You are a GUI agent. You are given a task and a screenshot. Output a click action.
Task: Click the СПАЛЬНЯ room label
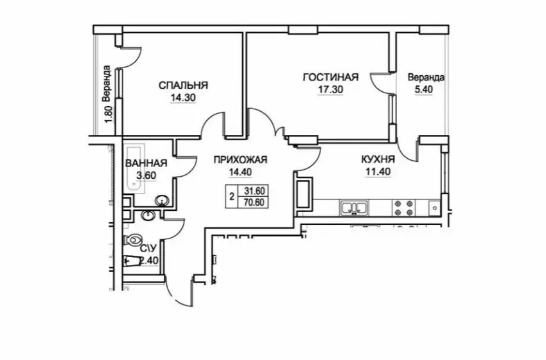pos(183,85)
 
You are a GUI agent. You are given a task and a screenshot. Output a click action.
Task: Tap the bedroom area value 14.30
pos(183,98)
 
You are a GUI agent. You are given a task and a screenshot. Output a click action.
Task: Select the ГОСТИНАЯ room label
pos(330,77)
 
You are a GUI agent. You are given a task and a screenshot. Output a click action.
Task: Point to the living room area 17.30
pos(330,89)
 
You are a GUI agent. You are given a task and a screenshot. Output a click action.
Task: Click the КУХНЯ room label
pos(378,159)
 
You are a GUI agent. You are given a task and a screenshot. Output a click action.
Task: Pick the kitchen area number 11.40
pos(378,172)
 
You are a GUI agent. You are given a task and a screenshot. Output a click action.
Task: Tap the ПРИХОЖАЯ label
pos(240,159)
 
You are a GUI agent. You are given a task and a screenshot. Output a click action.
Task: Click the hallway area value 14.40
pos(240,172)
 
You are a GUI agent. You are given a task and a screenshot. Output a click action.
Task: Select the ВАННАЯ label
pos(146,163)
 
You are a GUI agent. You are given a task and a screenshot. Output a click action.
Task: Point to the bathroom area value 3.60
pos(146,175)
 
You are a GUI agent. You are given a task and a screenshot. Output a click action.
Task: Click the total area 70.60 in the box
pos(254,202)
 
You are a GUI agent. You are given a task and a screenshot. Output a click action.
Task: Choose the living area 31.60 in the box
pos(254,191)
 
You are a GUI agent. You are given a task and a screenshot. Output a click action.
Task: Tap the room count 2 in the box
pos(231,197)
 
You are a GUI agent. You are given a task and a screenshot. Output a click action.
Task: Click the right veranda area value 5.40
pos(423,89)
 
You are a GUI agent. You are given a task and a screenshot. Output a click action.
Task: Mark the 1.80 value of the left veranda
pos(109,114)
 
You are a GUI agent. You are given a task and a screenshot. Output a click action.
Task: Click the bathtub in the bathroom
pos(136,168)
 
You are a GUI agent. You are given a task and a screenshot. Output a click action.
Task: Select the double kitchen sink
pos(353,208)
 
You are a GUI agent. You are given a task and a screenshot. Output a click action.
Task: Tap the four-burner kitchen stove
pos(405,208)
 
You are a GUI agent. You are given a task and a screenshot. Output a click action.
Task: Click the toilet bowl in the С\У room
pos(134,240)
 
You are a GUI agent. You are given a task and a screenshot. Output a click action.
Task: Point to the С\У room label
pos(148,248)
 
